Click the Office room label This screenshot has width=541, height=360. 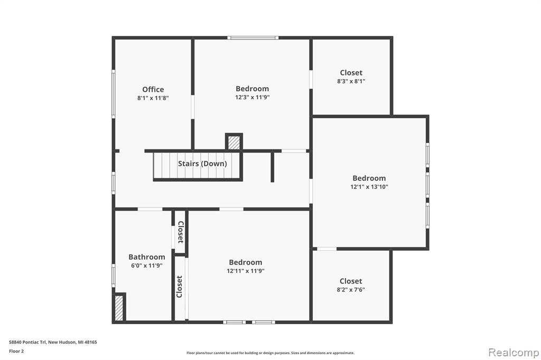pyautogui.click(x=153, y=89)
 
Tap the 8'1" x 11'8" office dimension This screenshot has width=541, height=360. pyautogui.click(x=153, y=98)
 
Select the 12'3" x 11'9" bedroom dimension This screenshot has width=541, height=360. pyautogui.click(x=252, y=97)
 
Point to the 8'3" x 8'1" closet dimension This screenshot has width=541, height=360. pyautogui.click(x=351, y=81)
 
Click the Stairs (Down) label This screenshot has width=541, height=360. pyautogui.click(x=202, y=164)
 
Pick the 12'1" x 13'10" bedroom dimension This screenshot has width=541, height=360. pyautogui.click(x=369, y=186)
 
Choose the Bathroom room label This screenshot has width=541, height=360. pyautogui.click(x=147, y=257)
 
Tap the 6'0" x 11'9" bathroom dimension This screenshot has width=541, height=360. pyautogui.click(x=147, y=266)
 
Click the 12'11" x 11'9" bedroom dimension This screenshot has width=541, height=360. pyautogui.click(x=245, y=271)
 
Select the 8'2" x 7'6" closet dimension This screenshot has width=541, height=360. pyautogui.click(x=351, y=290)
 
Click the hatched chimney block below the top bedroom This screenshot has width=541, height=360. pyautogui.click(x=234, y=142)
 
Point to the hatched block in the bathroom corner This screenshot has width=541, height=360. pyautogui.click(x=119, y=308)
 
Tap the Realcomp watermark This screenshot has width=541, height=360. pyautogui.click(x=514, y=353)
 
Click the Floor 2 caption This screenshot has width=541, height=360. pyautogui.click(x=16, y=351)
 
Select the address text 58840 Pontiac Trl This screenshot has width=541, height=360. pyautogui.click(x=27, y=342)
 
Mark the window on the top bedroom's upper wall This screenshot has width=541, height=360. pyautogui.click(x=253, y=37)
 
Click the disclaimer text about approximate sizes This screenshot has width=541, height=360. pyautogui.click(x=270, y=353)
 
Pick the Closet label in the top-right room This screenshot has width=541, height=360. pyautogui.click(x=351, y=73)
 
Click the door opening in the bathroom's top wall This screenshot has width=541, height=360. pyautogui.click(x=150, y=209)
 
